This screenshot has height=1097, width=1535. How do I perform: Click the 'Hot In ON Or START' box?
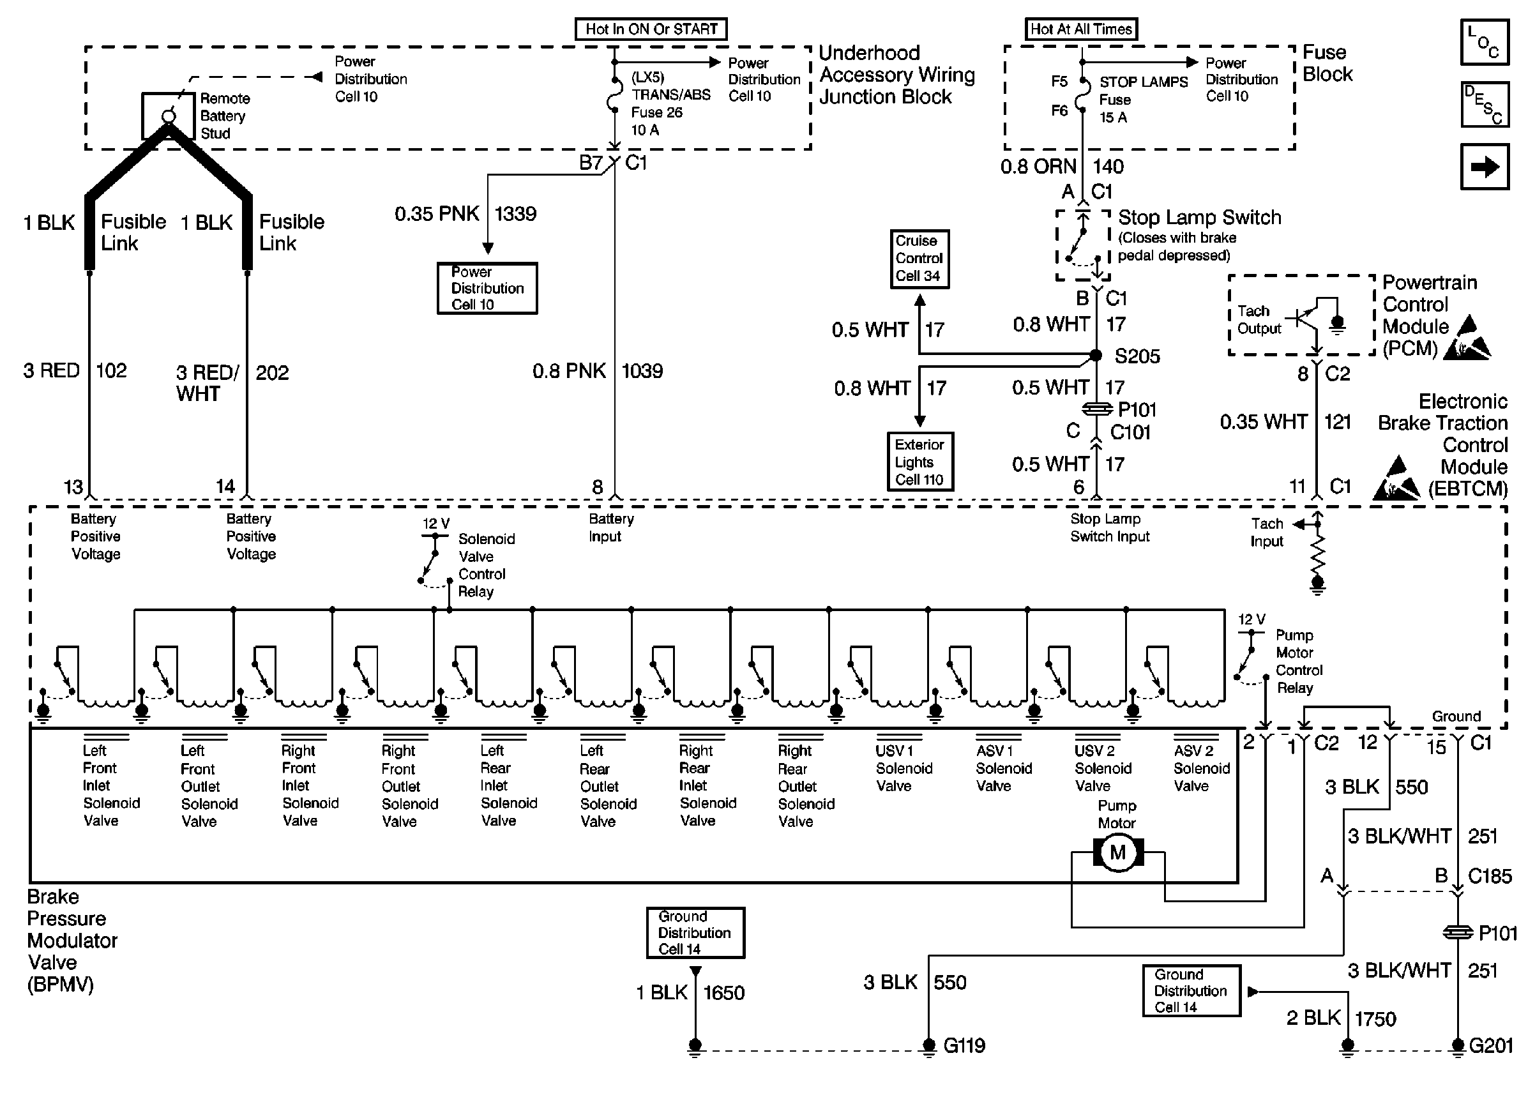coord(651,29)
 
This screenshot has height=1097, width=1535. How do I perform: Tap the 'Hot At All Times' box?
coord(1080,29)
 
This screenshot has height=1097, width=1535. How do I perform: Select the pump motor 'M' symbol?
coord(1117,852)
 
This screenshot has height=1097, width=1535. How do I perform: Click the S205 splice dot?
coord(1096,355)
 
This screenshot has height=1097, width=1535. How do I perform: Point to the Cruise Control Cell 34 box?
coord(919,259)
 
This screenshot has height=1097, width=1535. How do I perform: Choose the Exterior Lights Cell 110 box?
coord(919,462)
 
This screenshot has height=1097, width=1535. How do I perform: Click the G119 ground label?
coord(964,1046)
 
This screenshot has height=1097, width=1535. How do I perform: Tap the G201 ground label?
coord(1491,1046)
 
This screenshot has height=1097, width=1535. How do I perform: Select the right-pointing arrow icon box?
coord(1485,167)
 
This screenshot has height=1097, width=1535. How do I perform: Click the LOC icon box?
coord(1485,42)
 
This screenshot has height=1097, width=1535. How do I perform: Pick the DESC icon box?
coord(1485,105)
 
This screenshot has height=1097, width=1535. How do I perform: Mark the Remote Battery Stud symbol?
coord(169,116)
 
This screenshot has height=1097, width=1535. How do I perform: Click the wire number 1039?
coord(642,371)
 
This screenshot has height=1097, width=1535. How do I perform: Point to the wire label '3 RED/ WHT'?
coord(207,383)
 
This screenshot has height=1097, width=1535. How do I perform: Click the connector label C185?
coord(1490,876)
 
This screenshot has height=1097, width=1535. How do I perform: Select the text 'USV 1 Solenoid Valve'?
coord(904,768)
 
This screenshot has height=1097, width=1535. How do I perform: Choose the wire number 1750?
coord(1375,1018)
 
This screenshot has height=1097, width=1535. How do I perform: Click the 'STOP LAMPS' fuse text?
coord(1144,82)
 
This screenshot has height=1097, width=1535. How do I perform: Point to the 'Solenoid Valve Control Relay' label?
coord(485,565)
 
